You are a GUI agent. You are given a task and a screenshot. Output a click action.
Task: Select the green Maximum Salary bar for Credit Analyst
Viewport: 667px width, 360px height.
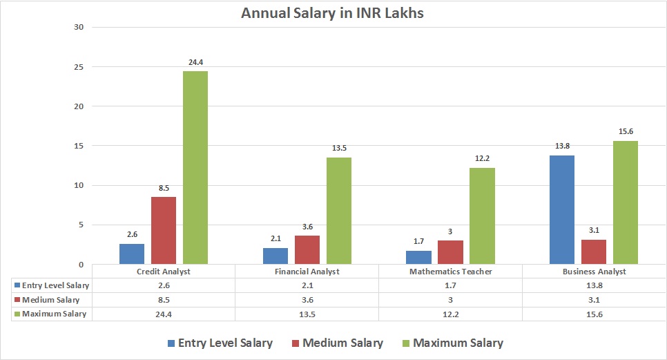click(x=195, y=168)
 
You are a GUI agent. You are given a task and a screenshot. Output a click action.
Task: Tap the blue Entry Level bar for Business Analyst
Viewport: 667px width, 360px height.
click(x=561, y=209)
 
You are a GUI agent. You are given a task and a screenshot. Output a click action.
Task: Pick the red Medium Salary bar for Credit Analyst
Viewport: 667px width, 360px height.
click(x=164, y=230)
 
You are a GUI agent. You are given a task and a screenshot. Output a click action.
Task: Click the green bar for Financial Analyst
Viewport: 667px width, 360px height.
click(x=339, y=211)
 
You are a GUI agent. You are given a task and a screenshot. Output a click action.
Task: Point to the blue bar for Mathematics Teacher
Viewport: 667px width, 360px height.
click(x=418, y=257)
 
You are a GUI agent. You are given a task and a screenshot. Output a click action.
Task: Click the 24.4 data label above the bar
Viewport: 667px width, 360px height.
click(x=195, y=63)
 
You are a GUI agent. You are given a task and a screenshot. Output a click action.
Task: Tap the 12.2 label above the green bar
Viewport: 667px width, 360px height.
click(x=483, y=159)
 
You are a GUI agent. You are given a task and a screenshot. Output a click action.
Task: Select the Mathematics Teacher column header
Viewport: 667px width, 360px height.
click(x=450, y=272)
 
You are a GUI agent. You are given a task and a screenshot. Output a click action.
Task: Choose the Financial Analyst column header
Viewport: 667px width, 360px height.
click(x=307, y=272)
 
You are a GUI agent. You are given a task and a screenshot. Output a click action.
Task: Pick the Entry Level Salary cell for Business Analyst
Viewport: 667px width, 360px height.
click(x=594, y=285)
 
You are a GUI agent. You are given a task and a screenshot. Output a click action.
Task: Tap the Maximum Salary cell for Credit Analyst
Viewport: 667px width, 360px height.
click(x=164, y=314)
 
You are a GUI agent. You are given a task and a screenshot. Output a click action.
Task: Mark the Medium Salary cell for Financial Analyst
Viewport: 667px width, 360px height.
click(x=307, y=300)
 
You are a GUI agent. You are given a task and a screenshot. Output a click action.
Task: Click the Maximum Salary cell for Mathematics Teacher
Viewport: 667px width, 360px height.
click(x=450, y=314)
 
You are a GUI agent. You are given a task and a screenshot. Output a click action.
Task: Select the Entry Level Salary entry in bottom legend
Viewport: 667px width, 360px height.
click(x=219, y=343)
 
